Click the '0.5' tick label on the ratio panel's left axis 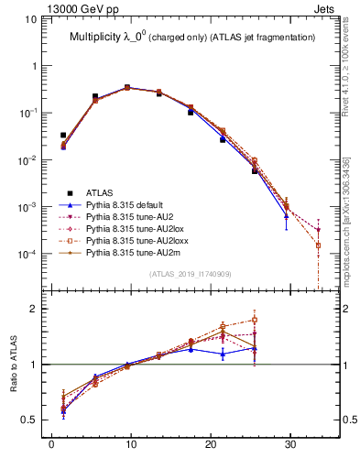[x=34, y=420]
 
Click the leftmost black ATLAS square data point [x=63, y=135]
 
